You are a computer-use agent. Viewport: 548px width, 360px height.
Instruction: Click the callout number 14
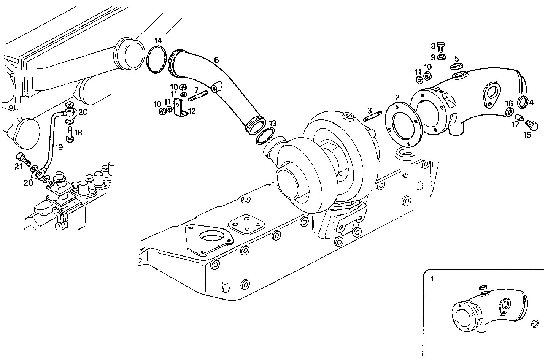coord(158,40)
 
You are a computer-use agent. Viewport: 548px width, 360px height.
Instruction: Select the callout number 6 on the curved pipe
coord(216,60)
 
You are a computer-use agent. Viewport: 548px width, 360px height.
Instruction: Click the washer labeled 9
coord(442,57)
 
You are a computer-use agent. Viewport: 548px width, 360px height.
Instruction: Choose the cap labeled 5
coord(456,67)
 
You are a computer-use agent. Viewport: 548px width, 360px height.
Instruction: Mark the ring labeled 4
coord(523,102)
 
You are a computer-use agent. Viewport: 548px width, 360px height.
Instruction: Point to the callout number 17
coord(515,124)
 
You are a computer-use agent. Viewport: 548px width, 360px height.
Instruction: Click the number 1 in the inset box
coord(432,279)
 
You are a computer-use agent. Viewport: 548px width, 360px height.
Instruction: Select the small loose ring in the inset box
coord(534,324)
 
